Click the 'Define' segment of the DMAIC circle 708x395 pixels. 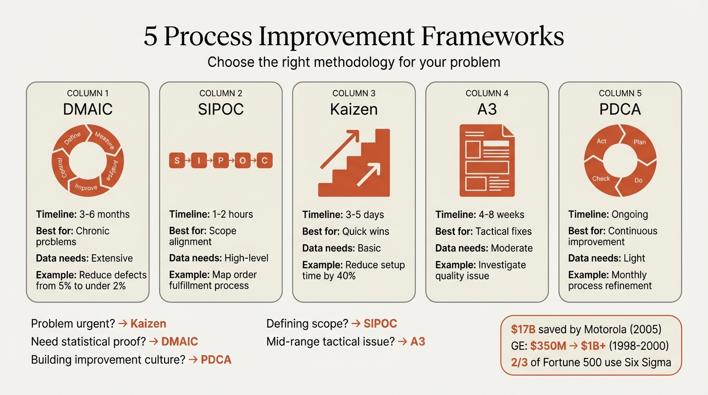point(72,138)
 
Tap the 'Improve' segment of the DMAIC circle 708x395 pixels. point(86,187)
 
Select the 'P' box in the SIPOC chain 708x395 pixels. point(221,160)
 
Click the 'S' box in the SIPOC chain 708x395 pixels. point(177,160)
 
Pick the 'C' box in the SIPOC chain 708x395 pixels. point(264,160)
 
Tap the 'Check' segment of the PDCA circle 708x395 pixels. point(601,178)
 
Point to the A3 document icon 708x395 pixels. point(487,160)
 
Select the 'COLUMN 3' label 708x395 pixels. point(354,93)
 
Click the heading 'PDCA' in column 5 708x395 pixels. point(620,109)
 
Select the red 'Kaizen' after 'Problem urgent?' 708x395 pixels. point(148,324)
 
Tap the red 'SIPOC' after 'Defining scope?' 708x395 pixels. point(380,324)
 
